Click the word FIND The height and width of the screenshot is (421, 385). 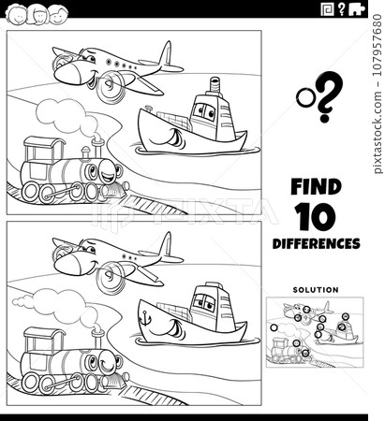316,187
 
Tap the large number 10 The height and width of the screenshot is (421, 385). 316,216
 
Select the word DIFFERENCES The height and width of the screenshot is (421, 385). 316,243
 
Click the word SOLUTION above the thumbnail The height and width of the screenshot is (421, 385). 316,290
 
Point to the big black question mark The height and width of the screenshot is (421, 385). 329,96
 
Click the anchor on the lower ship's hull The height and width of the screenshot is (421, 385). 145,318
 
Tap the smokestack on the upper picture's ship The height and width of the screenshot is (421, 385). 215,85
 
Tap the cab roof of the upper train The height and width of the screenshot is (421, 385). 44,142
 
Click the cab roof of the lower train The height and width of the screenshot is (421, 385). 44,333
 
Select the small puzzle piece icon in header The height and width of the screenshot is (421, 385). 357,10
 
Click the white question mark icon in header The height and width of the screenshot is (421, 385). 341,9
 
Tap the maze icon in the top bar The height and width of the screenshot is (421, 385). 328,10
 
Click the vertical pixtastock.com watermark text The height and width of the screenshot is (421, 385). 378,94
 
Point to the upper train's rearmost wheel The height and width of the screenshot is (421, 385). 30,192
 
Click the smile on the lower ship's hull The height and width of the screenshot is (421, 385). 171,328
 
